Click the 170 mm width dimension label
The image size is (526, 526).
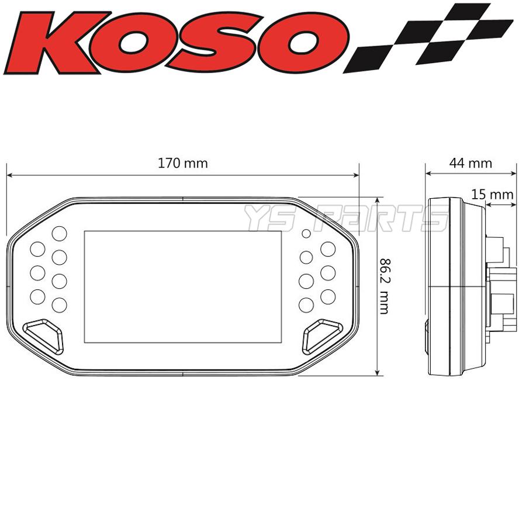182,164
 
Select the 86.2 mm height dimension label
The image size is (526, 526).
383,286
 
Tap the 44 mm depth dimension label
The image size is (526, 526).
470,164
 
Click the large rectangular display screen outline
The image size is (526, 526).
167,286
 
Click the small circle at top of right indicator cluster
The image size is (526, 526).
306,234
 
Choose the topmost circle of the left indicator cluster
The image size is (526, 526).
59,233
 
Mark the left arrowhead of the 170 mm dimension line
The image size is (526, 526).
9,174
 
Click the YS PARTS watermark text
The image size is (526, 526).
345,219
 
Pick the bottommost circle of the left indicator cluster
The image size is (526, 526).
59,304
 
